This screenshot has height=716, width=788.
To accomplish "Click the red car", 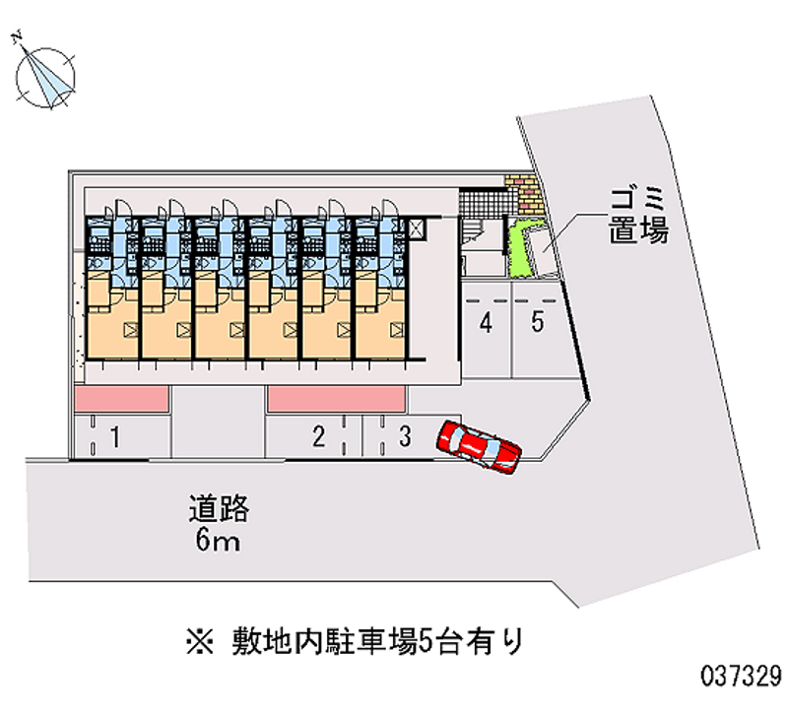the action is click(479, 447).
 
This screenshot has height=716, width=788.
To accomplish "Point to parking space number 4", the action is click(486, 329).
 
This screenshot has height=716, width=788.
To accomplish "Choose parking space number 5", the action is click(537, 329).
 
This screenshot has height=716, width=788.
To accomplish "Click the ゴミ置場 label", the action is click(638, 216).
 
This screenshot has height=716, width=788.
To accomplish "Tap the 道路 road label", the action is click(219, 508).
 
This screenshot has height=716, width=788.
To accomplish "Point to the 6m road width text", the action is click(218, 540).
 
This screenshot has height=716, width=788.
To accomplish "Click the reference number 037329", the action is click(742, 675).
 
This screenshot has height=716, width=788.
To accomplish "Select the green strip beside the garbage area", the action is click(520, 249).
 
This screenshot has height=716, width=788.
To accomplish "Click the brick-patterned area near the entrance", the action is click(525, 192).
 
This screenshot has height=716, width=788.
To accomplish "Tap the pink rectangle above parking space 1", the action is click(121, 399).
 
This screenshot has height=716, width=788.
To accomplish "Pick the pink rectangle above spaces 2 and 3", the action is click(336, 399).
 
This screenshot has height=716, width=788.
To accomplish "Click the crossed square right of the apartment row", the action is click(417, 230).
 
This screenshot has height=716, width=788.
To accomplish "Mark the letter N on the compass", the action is click(17, 36).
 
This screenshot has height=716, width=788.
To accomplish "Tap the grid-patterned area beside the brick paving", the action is click(482, 203).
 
